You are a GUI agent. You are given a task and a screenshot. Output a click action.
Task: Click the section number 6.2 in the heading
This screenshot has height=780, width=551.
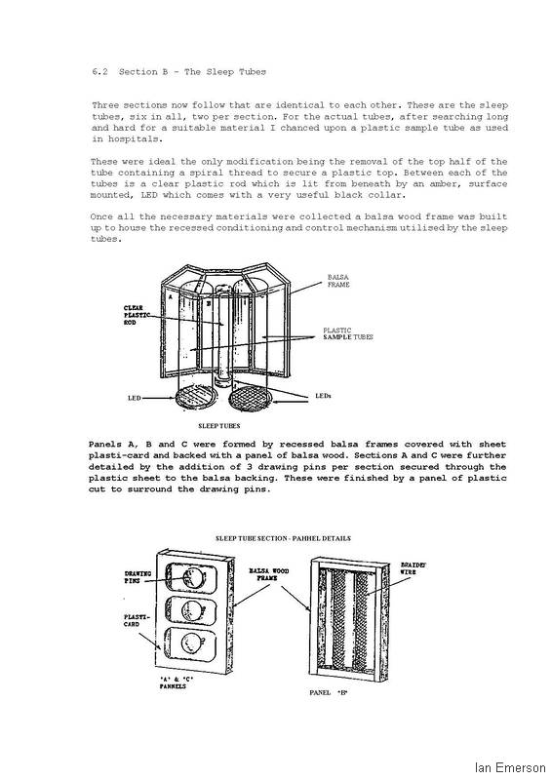pyautogui.click(x=99, y=71)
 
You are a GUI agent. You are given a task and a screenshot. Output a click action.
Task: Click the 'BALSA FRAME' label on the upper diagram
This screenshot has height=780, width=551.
pyautogui.click(x=338, y=281)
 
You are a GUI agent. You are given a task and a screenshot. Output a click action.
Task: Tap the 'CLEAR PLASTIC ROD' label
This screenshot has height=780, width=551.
pyautogui.click(x=134, y=315)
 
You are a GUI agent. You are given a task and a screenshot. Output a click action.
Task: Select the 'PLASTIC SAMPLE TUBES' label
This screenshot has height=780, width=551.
pyautogui.click(x=348, y=333)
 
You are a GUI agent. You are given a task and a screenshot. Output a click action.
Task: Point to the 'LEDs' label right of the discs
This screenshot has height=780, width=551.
pyautogui.click(x=324, y=396)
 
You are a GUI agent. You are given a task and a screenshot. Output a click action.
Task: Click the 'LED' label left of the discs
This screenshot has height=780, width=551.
pyautogui.click(x=135, y=398)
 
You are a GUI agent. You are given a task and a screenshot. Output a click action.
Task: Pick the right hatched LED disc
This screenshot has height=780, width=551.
pyautogui.click(x=251, y=399)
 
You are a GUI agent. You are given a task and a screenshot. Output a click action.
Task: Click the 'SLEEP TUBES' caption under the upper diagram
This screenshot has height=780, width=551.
pyautogui.click(x=219, y=426)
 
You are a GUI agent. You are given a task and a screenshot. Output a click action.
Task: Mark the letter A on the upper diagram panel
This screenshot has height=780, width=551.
pyautogui.click(x=171, y=296)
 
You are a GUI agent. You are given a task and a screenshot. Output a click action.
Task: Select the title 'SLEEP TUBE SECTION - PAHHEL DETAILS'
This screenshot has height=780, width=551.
pyautogui.click(x=283, y=538)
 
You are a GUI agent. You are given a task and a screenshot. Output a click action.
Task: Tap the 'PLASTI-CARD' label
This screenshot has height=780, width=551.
pyautogui.click(x=133, y=620)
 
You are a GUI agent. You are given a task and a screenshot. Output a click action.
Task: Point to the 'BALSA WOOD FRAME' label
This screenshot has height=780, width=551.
pyautogui.click(x=269, y=574)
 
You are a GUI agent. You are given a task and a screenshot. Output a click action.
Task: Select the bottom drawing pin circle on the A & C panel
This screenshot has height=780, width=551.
pyautogui.click(x=191, y=643)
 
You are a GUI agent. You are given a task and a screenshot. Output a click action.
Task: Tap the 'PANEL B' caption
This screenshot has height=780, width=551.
pyautogui.click(x=329, y=692)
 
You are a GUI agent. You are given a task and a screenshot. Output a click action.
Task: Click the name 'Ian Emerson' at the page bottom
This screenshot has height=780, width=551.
pyautogui.click(x=510, y=767)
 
